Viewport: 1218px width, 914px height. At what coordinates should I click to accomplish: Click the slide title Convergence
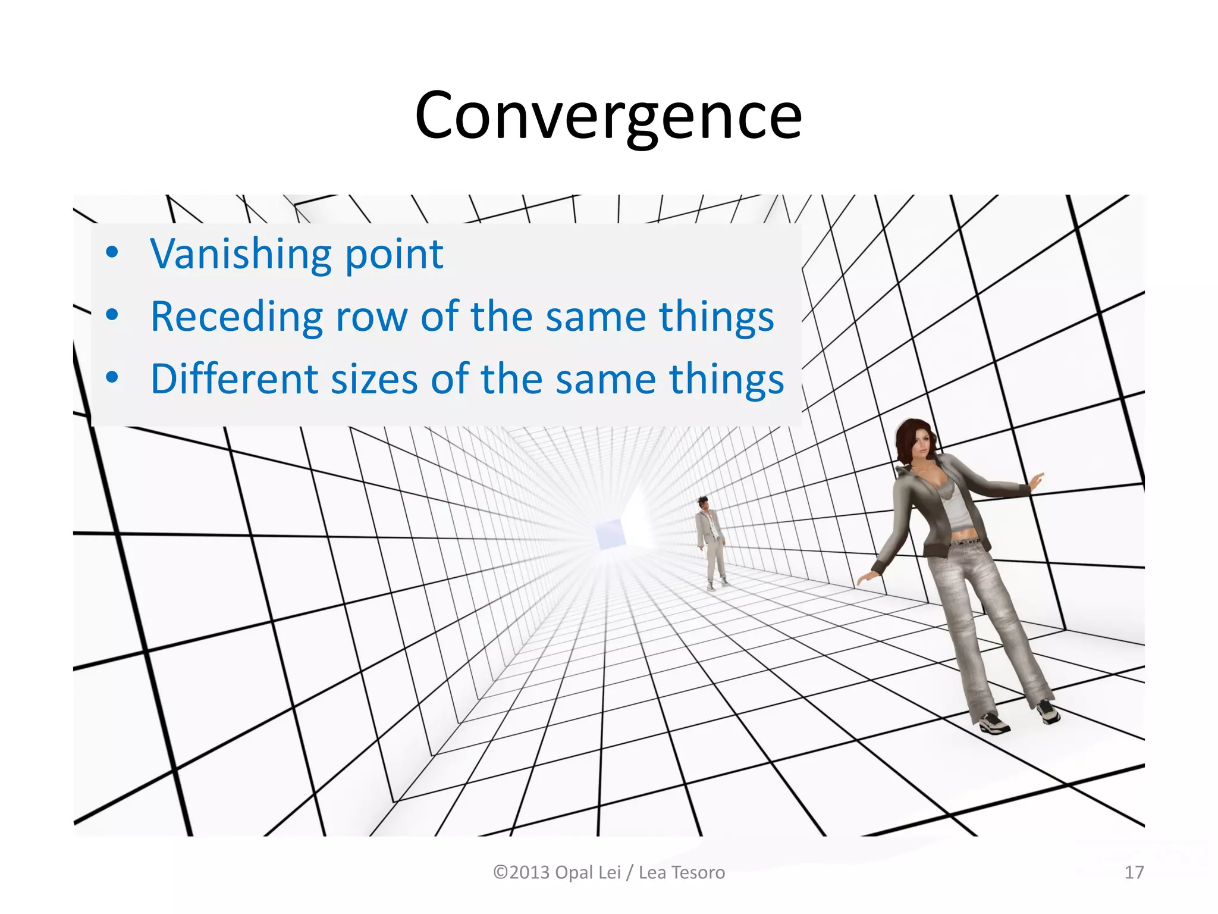(x=608, y=115)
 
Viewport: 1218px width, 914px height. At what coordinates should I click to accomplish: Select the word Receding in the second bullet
(x=236, y=317)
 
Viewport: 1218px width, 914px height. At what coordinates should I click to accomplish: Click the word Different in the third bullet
(x=234, y=379)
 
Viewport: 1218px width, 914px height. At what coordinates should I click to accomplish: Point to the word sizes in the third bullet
(x=374, y=379)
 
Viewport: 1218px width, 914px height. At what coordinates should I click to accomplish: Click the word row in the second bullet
(x=372, y=317)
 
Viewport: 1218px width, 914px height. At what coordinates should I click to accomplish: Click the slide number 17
(x=1134, y=872)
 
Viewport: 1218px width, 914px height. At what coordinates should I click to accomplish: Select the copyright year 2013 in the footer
(x=529, y=872)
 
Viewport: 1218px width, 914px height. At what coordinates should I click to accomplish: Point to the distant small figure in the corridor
(x=711, y=541)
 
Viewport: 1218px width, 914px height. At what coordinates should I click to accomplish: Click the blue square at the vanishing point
(x=610, y=533)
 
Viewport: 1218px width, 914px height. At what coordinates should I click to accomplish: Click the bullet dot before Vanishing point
(x=112, y=253)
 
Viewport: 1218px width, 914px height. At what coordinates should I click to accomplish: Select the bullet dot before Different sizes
(x=112, y=378)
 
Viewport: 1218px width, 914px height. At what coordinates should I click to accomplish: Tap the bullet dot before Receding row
(x=112, y=315)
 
